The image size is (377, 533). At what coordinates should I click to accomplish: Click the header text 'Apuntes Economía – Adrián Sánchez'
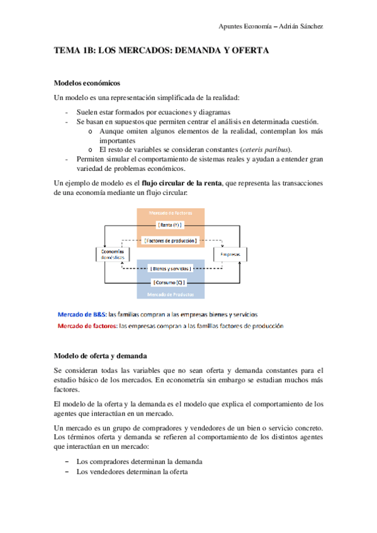tap(270, 26)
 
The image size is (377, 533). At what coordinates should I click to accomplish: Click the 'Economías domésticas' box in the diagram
tap(113, 254)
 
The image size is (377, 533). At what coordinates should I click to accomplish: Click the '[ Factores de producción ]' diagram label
tap(171, 240)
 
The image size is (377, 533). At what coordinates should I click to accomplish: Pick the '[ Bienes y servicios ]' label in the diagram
tap(171, 268)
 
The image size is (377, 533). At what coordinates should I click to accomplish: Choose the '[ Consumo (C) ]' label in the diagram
tap(171, 282)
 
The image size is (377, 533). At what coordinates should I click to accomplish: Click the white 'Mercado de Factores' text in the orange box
tap(171, 213)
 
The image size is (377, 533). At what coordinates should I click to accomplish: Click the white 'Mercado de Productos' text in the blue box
tap(171, 294)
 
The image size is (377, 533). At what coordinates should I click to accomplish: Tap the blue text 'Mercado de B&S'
tap(82, 314)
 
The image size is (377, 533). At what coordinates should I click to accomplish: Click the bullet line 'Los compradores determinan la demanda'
tap(138, 461)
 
